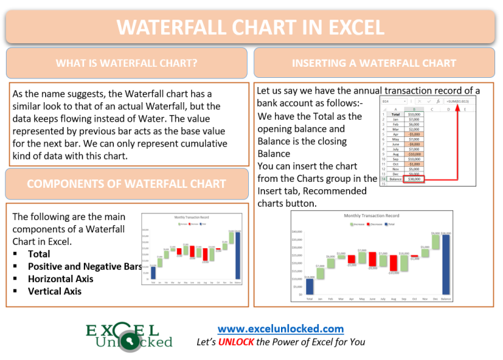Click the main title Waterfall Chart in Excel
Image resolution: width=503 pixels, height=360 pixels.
pyautogui.click(x=251, y=27)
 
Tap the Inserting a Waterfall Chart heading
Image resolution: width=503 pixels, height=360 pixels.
pyautogui.click(x=375, y=63)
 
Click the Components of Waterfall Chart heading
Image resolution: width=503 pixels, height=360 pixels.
pyautogui.click(x=126, y=184)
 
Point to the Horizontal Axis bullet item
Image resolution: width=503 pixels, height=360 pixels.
pyautogui.click(x=60, y=279)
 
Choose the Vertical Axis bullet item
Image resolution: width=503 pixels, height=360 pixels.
pyautogui.click(x=54, y=291)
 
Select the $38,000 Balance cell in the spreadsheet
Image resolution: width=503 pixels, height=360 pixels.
pyautogui.click(x=413, y=179)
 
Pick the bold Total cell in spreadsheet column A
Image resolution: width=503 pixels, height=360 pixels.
pyautogui.click(x=395, y=115)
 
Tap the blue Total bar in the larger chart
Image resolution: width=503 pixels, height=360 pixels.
pyautogui.click(x=309, y=287)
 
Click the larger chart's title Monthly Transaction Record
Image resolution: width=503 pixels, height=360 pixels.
pyautogui.click(x=371, y=215)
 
